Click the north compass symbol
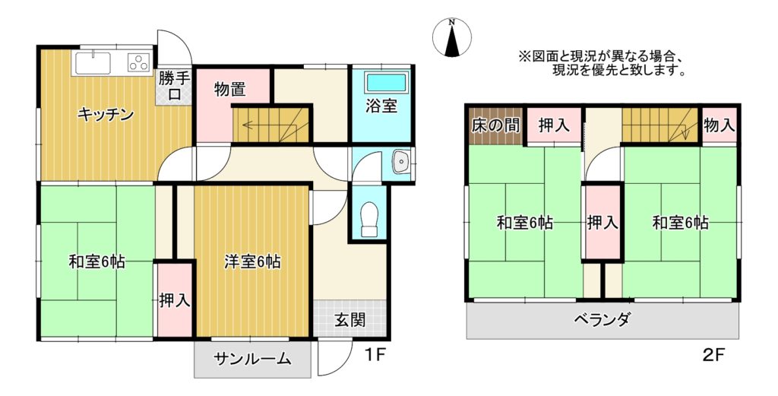[451, 38]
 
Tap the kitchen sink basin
[93, 63]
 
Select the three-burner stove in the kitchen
[140, 62]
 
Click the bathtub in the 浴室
[386, 82]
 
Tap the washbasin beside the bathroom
[401, 162]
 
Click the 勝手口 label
[174, 87]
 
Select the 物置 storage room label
[230, 90]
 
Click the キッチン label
[106, 115]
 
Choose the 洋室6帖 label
[252, 261]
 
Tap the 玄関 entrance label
[349, 320]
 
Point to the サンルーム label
[252, 359]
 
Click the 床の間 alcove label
[495, 125]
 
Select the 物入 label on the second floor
[719, 125]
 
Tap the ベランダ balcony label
[602, 319]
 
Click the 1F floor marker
[375, 354]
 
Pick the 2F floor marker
[714, 355]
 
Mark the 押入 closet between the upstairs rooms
[602, 222]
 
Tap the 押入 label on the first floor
[175, 301]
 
